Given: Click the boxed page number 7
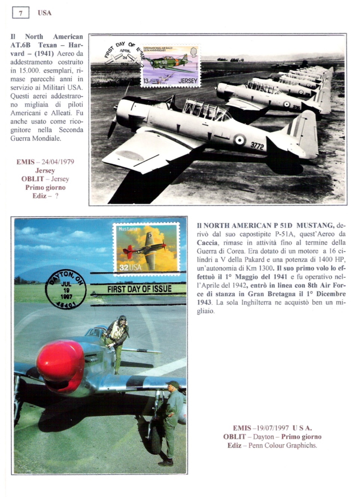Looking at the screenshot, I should (x=21, y=13).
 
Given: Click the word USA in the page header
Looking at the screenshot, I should (x=45, y=13).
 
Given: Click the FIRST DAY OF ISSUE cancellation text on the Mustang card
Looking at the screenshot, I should (x=139, y=289).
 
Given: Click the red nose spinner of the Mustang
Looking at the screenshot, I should (x=60, y=365).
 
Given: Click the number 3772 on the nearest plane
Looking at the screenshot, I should (x=257, y=146).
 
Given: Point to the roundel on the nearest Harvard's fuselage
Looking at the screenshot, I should (x=240, y=140).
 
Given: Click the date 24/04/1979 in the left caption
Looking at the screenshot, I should (x=58, y=162).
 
